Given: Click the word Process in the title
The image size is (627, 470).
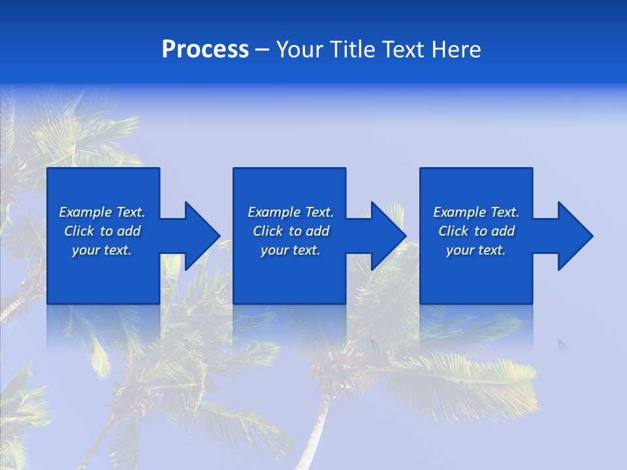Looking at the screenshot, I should (x=205, y=50).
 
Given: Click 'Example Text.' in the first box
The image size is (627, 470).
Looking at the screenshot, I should (x=102, y=212).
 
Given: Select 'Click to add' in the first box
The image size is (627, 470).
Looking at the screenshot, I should (x=102, y=231).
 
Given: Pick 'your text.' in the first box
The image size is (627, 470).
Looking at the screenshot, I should (x=102, y=250).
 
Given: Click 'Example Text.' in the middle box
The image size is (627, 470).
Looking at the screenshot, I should (x=291, y=212).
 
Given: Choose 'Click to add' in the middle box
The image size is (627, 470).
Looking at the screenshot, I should (x=291, y=231).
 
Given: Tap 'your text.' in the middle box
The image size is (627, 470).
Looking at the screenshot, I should (x=291, y=250).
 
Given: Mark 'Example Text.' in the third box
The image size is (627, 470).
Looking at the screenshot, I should (x=476, y=212).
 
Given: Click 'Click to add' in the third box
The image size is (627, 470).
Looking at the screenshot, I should (x=476, y=231).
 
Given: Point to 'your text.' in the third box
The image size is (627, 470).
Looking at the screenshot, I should (x=476, y=250).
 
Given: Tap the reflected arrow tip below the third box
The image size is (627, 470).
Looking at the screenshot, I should (x=562, y=343).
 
